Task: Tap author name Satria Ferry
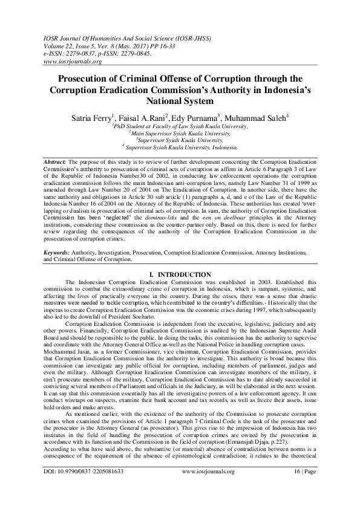(x=91, y=117)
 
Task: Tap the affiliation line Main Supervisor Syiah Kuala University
(x=180, y=132)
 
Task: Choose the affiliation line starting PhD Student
(x=180, y=126)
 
